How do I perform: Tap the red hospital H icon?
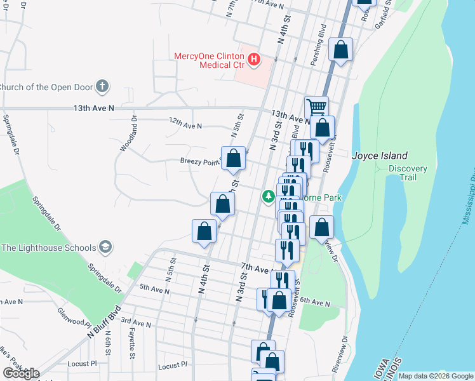(x=254, y=60)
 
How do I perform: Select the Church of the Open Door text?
(x=46, y=87)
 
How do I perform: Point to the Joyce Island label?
(x=380, y=156)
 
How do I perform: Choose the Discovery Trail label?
(x=408, y=173)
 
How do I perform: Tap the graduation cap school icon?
(x=106, y=248)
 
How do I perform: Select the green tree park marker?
(x=269, y=197)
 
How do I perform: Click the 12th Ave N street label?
(x=185, y=126)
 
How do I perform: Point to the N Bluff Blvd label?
(x=104, y=320)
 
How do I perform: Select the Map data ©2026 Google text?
(x=435, y=376)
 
